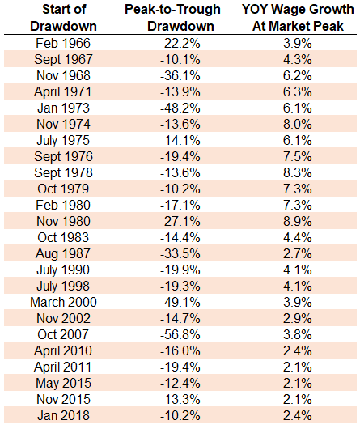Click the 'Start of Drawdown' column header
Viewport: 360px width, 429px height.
63,18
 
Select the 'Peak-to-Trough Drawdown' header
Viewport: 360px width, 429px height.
173,18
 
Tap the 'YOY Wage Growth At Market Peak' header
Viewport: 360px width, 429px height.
298,18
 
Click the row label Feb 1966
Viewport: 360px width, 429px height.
63,43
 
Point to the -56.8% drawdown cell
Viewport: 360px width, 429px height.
180,334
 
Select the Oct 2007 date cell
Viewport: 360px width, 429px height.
63,334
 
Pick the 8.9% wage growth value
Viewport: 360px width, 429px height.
298,221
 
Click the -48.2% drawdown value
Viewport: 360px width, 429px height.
180,108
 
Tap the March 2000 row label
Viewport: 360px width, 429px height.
63,303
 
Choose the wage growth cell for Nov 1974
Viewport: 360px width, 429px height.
298,124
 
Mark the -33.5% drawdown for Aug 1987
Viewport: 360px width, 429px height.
180,253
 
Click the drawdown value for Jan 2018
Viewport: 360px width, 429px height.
180,415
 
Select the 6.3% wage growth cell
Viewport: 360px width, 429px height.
298,92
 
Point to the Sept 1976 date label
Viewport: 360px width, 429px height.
63,156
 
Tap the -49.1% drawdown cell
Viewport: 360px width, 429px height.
180,303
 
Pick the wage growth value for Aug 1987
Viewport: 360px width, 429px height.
298,253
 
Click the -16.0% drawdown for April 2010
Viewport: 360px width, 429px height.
180,350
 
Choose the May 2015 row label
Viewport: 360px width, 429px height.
63,384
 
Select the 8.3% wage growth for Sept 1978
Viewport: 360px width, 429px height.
298,173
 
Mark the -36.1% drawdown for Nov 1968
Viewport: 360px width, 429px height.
180,76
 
